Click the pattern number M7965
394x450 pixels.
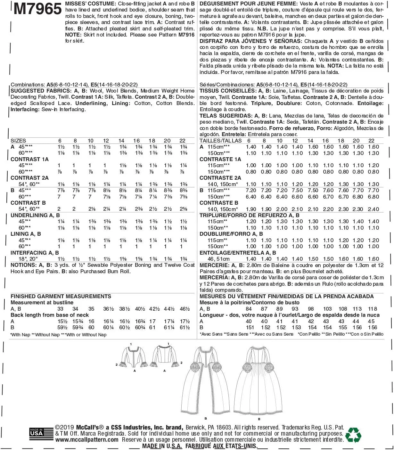(x=37, y=9)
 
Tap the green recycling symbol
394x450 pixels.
(x=353, y=435)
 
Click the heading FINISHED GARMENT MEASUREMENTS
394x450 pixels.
(x=61, y=296)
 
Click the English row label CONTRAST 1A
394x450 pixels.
(x=29, y=159)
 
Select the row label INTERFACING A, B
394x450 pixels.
(x=35, y=253)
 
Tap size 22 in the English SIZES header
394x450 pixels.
(x=182, y=141)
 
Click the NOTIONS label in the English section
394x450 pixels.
(x=23, y=265)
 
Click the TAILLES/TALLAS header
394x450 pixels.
(x=220, y=141)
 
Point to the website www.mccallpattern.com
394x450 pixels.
(x=87, y=440)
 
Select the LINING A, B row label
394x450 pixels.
(x=26, y=234)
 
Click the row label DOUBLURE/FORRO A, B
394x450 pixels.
(x=231, y=234)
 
